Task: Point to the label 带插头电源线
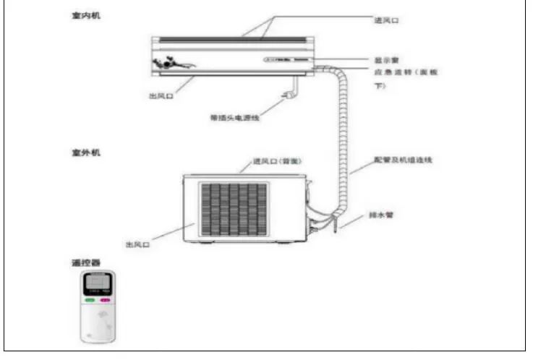point(235,117)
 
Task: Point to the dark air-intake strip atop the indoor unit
point(231,40)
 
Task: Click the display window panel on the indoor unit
point(279,61)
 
